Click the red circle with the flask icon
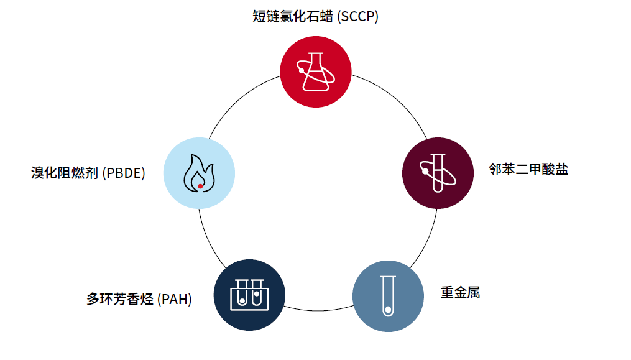pyautogui.click(x=316, y=72)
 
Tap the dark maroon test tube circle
pyautogui.click(x=438, y=173)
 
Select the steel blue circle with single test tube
pyautogui.click(x=388, y=295)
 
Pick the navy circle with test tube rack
pyautogui.click(x=249, y=295)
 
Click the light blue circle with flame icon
pyautogui.click(x=199, y=173)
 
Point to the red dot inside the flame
pyautogui.click(x=200, y=185)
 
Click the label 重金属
pyautogui.click(x=460, y=292)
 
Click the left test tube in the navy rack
pyautogui.click(x=242, y=293)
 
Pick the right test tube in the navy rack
pyautogui.click(x=256, y=293)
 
